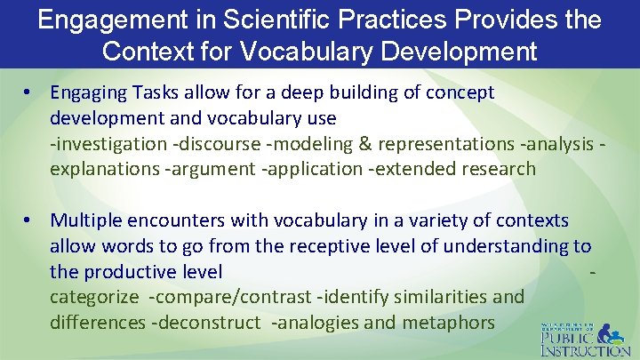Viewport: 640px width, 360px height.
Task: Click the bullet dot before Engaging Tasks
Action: (x=28, y=92)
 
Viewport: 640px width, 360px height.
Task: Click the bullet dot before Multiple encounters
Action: (x=28, y=220)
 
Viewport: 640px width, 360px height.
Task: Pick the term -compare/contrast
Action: (x=226, y=296)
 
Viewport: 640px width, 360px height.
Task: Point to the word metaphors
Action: (x=449, y=322)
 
